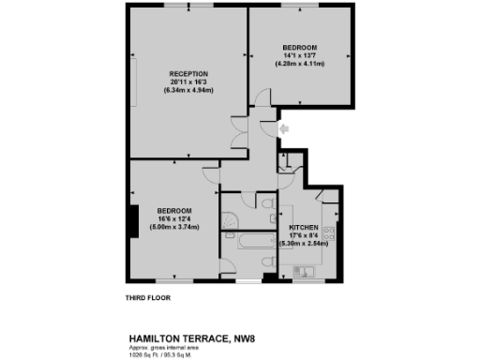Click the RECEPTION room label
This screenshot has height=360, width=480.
(187, 73)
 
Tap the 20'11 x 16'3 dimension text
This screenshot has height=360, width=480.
(187, 82)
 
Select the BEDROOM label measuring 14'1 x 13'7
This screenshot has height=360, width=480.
(299, 48)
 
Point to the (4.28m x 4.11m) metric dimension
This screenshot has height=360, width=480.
(299, 64)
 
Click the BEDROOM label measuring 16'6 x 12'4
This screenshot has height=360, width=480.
(174, 210)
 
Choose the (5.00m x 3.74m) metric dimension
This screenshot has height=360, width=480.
(174, 226)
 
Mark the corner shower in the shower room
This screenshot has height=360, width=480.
(229, 219)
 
